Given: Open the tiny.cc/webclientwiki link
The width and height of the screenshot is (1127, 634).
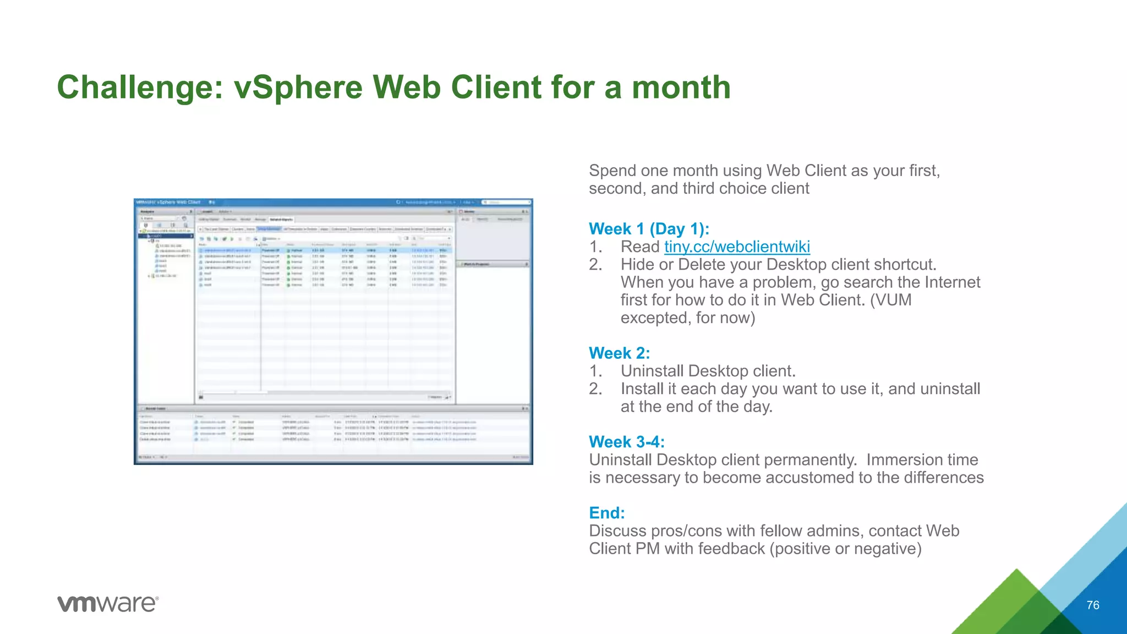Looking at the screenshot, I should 737,247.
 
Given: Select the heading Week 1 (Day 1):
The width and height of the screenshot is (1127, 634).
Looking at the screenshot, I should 649,229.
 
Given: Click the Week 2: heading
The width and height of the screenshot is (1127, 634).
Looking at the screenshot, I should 619,353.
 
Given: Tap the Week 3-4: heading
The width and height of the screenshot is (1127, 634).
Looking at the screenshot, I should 627,442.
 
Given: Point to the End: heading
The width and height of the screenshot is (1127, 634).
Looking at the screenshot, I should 606,513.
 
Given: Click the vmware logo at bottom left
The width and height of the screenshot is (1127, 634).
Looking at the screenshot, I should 108,604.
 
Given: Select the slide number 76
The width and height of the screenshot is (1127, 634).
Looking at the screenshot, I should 1092,605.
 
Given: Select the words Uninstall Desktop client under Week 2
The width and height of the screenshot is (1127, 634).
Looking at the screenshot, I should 708,371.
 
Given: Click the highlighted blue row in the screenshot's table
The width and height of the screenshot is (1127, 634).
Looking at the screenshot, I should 325,250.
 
